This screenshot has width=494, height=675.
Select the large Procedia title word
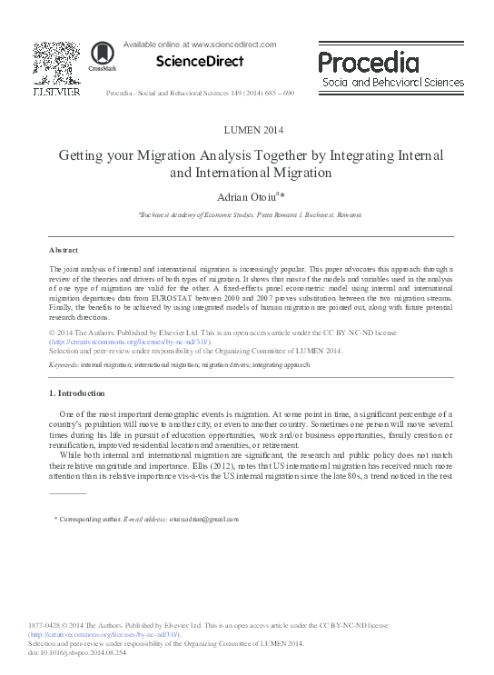tap(369, 63)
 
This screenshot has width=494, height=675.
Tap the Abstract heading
tap(64, 250)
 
